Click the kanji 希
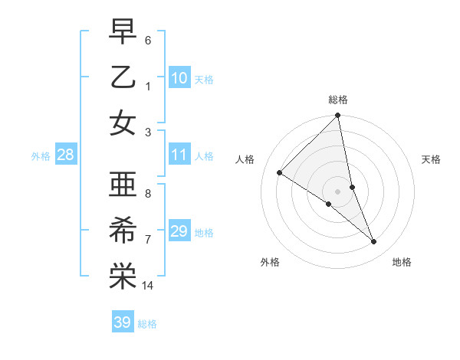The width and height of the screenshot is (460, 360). (123, 231)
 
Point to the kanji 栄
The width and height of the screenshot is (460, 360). (123, 277)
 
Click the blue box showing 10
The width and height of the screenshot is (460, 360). (179, 78)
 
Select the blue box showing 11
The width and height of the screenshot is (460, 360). (179, 155)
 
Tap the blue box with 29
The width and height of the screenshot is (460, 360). (179, 232)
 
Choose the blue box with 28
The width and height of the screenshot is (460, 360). (65, 155)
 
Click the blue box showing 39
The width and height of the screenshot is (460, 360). (122, 322)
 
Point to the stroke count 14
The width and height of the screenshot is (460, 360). (148, 286)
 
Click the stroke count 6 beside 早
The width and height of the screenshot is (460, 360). (148, 39)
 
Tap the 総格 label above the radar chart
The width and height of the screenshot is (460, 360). (338, 100)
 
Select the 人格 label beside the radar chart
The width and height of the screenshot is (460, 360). (245, 159)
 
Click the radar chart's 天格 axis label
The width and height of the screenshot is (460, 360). (431, 159)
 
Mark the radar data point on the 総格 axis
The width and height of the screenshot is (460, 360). (338, 116)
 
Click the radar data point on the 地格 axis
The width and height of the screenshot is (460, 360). (374, 242)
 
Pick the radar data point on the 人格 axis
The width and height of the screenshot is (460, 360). (280, 173)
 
